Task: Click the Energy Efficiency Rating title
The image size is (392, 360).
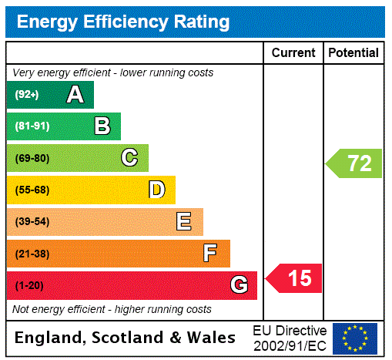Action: click(123, 22)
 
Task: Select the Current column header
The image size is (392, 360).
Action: click(293, 53)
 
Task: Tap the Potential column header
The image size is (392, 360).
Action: click(353, 53)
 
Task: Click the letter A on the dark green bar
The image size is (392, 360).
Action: click(75, 95)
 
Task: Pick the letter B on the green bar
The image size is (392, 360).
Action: click(102, 126)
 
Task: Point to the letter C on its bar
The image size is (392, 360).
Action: click(129, 158)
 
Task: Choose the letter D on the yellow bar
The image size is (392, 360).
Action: click(156, 190)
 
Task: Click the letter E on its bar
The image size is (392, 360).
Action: click(184, 222)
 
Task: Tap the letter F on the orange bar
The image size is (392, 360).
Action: click(210, 254)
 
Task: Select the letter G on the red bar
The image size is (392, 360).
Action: click(239, 286)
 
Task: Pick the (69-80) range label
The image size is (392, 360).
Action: click(32, 158)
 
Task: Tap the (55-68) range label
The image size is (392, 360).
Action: click(32, 190)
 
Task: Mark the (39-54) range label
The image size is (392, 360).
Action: click(32, 222)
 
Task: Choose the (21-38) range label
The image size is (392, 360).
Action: click(32, 254)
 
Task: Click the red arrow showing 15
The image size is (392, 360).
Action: click(295, 278)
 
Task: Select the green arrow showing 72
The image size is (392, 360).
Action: click(355, 163)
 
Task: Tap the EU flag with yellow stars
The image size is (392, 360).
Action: click(355, 338)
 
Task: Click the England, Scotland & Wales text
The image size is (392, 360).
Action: click(126, 338)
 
